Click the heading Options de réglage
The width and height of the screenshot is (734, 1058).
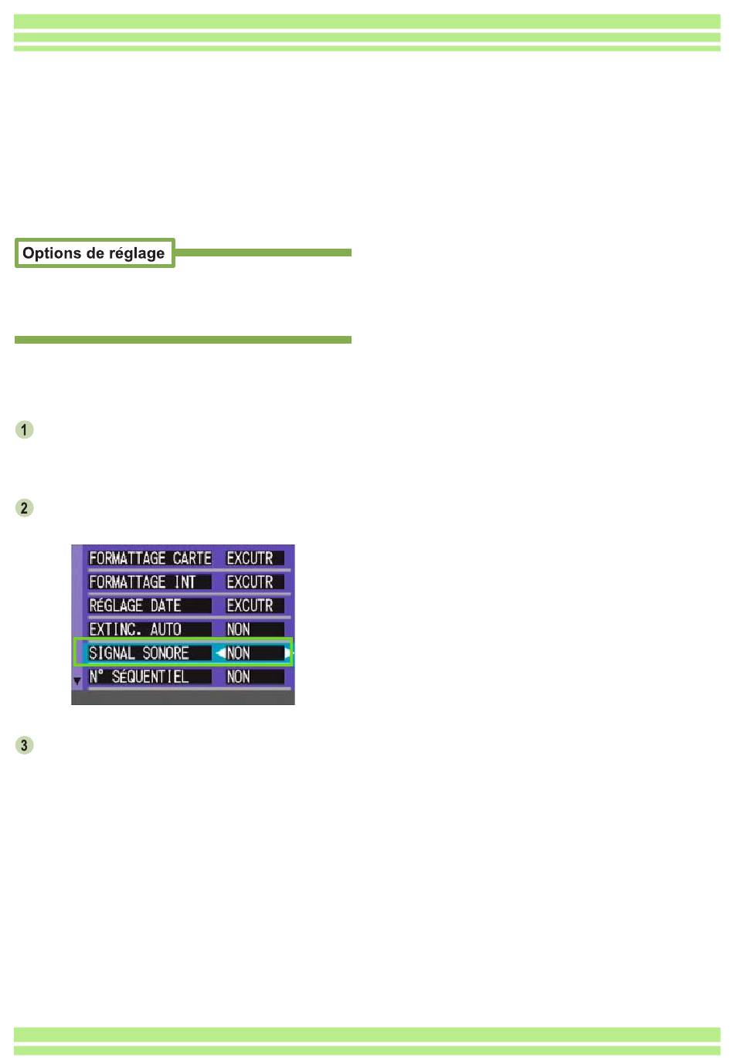pos(93,253)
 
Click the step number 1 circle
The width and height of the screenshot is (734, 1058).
pos(25,429)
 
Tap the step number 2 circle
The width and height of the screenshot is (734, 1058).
pos(25,508)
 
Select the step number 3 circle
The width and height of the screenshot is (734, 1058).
pos(25,745)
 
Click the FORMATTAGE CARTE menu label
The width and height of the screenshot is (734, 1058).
pos(150,558)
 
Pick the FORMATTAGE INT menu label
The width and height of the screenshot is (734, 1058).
pos(142,582)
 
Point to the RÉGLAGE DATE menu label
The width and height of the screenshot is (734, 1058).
pos(135,606)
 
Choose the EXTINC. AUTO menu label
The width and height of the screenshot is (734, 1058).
pos(135,629)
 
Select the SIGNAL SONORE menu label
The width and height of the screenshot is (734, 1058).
pos(139,653)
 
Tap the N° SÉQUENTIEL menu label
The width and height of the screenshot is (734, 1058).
pos(139,677)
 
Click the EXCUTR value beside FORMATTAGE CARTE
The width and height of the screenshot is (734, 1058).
pos(250,558)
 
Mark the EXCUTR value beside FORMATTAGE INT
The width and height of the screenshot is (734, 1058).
pos(250,582)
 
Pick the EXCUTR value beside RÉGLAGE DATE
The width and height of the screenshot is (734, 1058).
pos(250,606)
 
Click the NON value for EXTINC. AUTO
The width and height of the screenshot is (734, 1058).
pos(238,629)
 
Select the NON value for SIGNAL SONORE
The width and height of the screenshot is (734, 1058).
pos(239,653)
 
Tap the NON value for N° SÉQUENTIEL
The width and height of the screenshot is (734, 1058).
pos(238,677)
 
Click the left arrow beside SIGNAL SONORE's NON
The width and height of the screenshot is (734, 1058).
pos(220,653)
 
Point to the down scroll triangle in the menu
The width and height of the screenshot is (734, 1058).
pos(77,681)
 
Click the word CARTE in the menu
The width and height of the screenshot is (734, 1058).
pos(192,558)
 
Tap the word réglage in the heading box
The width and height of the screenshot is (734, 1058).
pos(135,253)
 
